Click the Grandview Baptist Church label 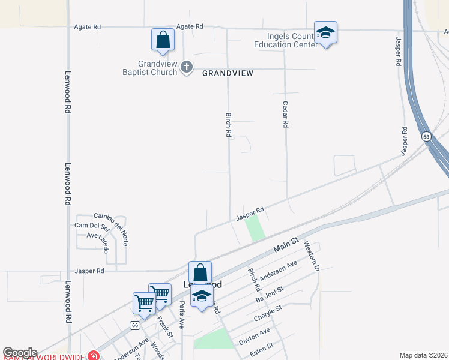tap(149, 68)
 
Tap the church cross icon tap(187, 67)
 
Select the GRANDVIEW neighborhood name tap(228, 73)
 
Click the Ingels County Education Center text tap(285, 40)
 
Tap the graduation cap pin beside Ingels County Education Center tap(325, 33)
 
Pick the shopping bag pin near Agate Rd tap(163, 40)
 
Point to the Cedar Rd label tap(286, 113)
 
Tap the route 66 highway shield tap(133, 325)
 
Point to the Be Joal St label tap(269, 295)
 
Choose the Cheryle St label tap(268, 313)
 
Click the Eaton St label tap(261, 347)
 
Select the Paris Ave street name tap(181, 314)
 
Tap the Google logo tap(20, 353)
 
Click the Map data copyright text tap(423, 355)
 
